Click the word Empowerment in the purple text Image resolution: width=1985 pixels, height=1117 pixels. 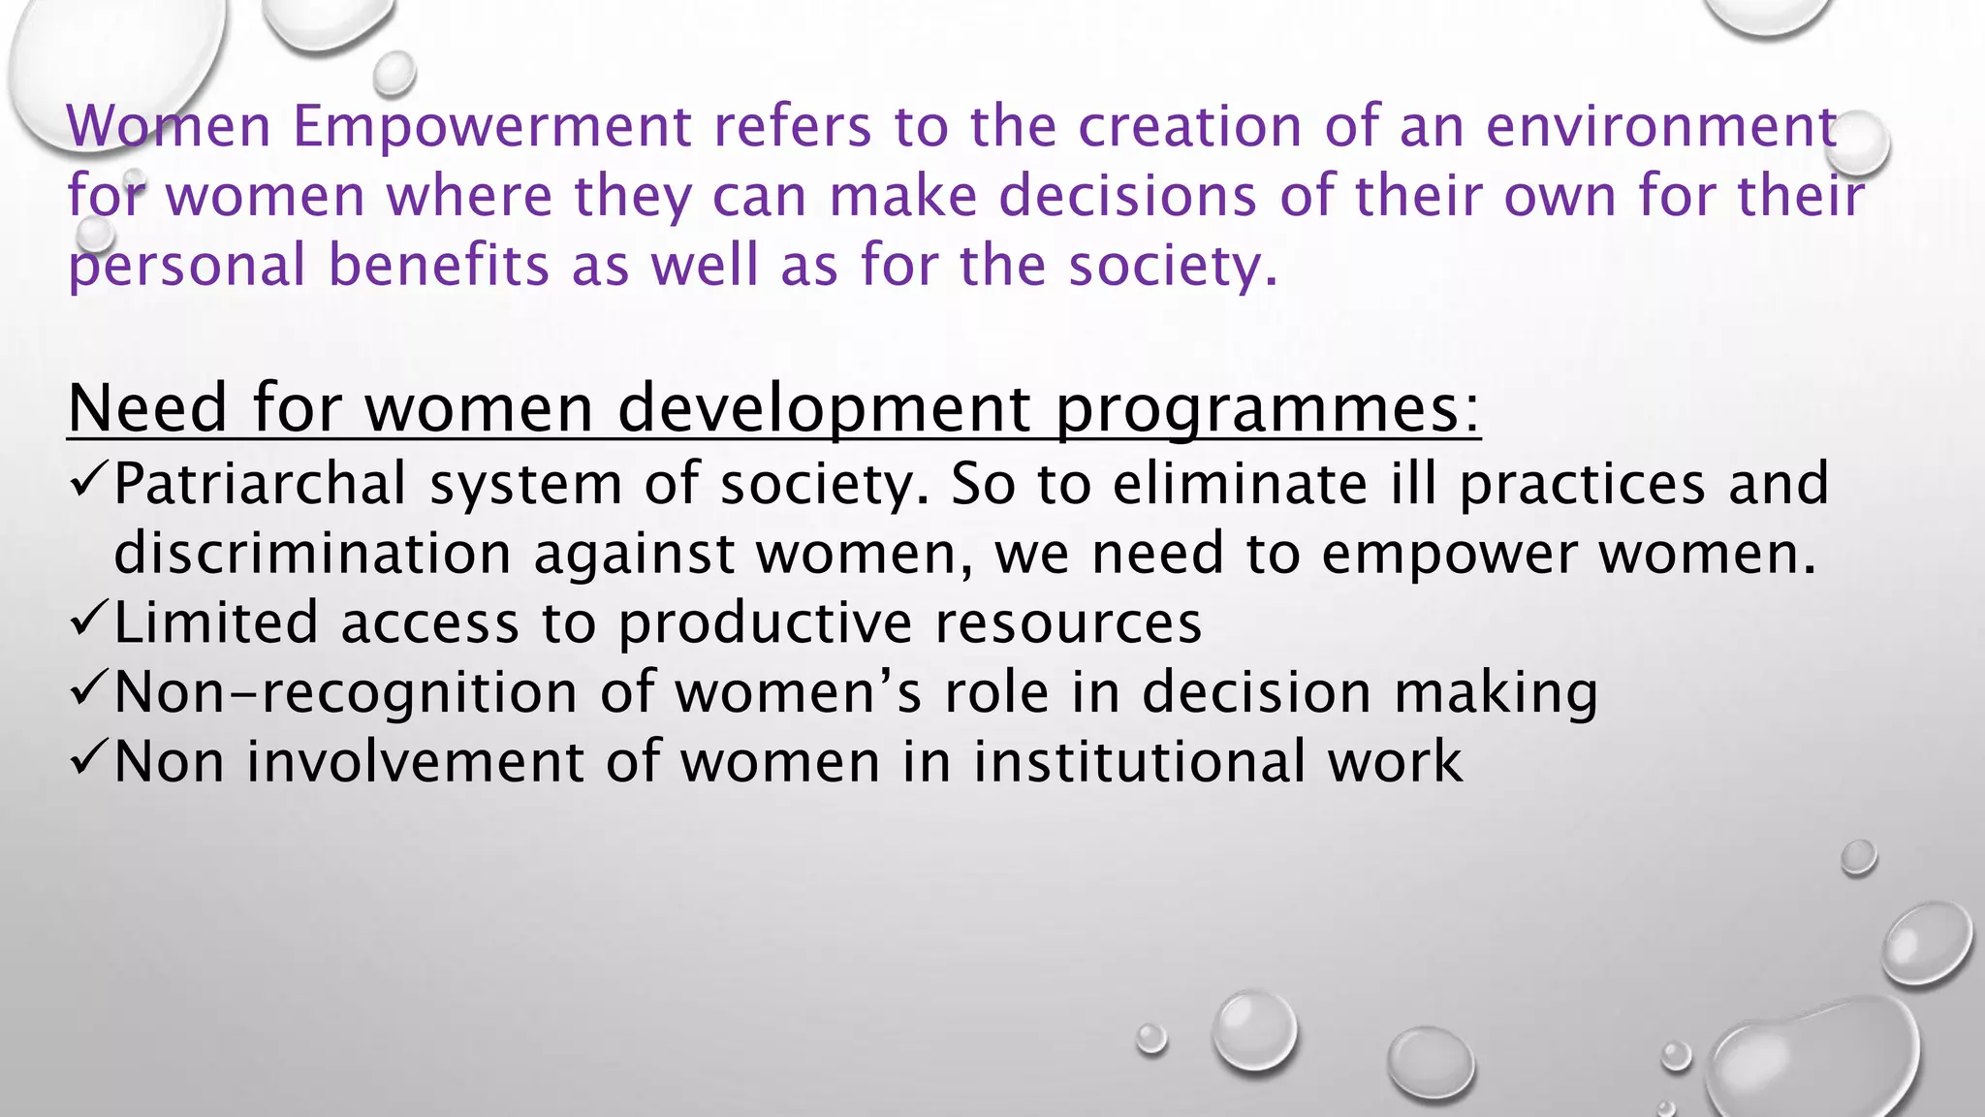[x=492, y=127]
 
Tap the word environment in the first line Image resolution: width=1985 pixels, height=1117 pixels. [x=1661, y=127]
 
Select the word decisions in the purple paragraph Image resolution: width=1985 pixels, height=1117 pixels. [x=1127, y=197]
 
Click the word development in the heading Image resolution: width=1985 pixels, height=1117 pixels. [x=824, y=409]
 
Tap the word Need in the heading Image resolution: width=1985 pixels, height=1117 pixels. [x=148, y=407]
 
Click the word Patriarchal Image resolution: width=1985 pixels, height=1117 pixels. [x=260, y=483]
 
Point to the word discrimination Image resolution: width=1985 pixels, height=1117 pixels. [x=312, y=554]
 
